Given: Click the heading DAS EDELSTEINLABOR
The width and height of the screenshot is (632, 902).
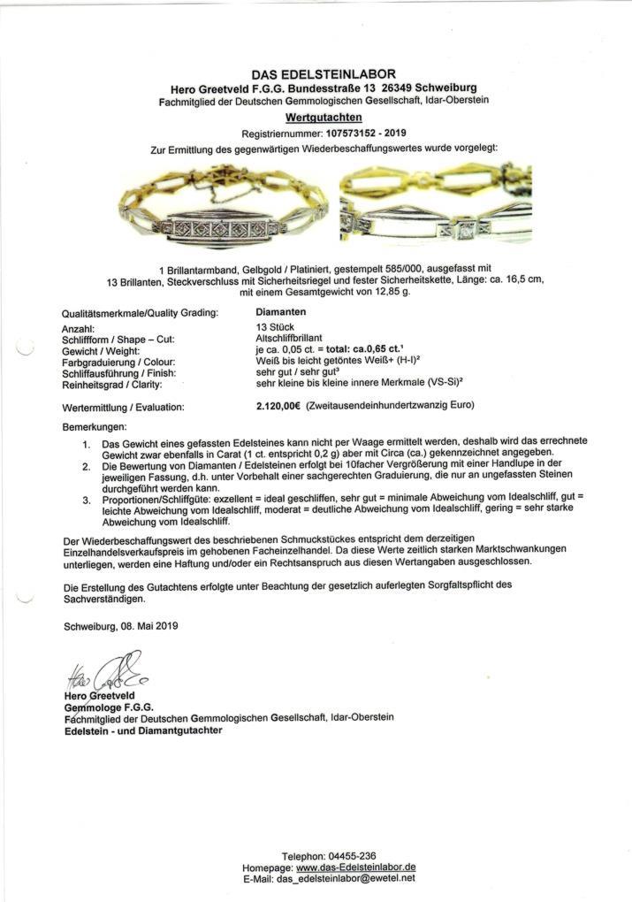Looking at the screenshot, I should tap(324, 74).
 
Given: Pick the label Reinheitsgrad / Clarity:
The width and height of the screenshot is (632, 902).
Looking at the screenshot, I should tap(119, 386).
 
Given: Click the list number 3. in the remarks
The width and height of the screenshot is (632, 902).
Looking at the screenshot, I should tap(86, 500).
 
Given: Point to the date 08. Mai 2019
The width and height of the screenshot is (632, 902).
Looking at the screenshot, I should tap(147, 626).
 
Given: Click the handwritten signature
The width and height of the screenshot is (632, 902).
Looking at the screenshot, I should tap(103, 674).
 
